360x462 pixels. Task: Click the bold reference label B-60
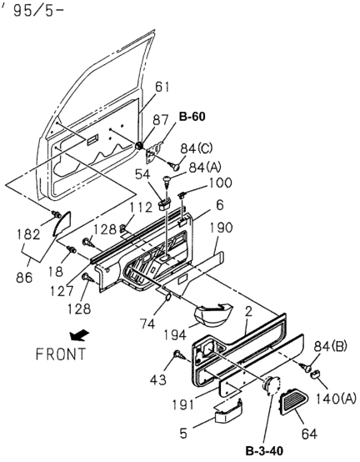coord(192,117)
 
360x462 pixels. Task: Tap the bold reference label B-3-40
coord(264,451)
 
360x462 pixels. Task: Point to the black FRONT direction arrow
coord(79,335)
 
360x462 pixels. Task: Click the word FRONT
coord(61,354)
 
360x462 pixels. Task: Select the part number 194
coord(175,334)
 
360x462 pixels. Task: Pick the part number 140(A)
coord(336,399)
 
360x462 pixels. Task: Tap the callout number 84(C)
coord(197,148)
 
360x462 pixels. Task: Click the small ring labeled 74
coord(167,297)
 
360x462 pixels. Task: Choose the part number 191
coord(182,404)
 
